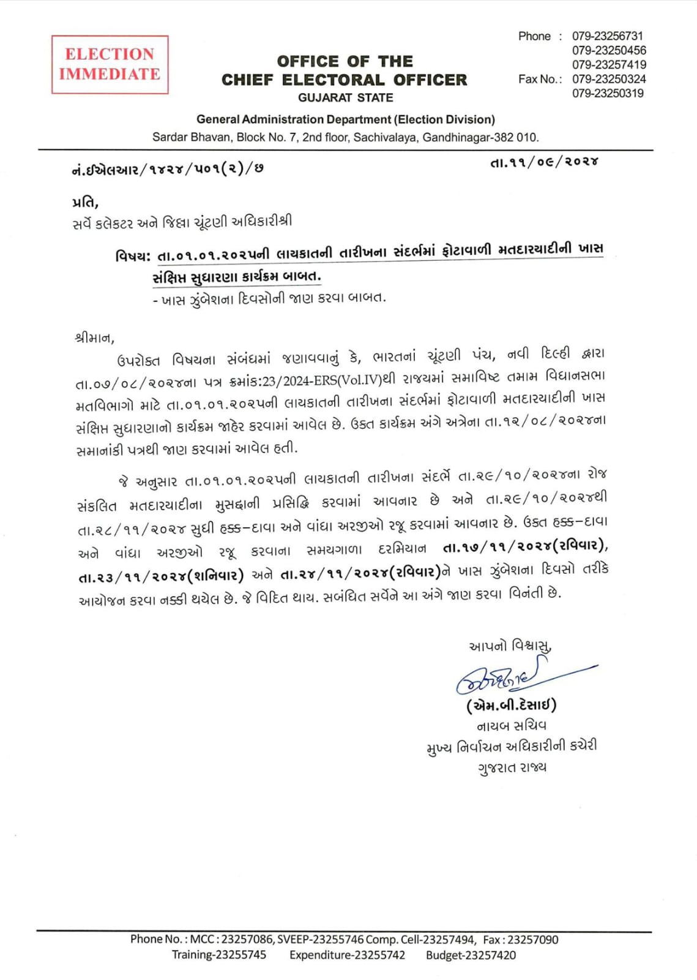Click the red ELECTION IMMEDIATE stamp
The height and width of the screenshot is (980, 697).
(110, 64)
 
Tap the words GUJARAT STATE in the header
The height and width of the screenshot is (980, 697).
(345, 98)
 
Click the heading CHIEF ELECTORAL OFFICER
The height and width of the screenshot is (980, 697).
(344, 80)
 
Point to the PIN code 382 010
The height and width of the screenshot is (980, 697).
(515, 137)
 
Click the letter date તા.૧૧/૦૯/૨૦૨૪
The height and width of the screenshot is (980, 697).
(544, 162)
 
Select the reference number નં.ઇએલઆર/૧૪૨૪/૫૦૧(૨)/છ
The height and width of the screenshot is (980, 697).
(167, 170)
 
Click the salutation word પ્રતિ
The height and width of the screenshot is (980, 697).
(84, 202)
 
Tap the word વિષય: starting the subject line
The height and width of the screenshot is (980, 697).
(133, 256)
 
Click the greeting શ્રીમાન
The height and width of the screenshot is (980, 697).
(94, 337)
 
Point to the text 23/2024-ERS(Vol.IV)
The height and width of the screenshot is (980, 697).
(322, 381)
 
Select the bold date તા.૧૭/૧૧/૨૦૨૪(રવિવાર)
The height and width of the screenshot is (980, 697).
(525, 546)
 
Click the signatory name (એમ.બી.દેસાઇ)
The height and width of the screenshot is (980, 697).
(511, 706)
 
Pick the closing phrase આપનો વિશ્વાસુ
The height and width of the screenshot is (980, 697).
(510, 646)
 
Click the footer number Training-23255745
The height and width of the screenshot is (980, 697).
(218, 955)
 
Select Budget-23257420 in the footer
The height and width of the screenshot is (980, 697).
(471, 955)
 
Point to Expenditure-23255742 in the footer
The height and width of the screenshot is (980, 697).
(347, 955)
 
